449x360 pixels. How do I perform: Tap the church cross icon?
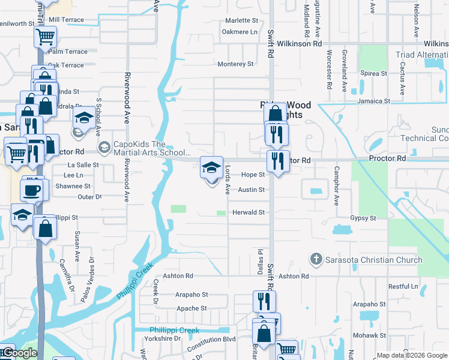pyautogui.click(x=316, y=259)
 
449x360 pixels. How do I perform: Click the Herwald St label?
pyautogui.click(x=249, y=212)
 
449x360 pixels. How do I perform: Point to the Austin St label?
pyautogui.click(x=251, y=190)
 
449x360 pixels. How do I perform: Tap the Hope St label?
pyautogui.click(x=253, y=175)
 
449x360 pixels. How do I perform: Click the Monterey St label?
pyautogui.click(x=236, y=64)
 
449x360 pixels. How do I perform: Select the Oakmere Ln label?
pyautogui.click(x=240, y=32)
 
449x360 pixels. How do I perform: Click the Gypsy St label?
pyautogui.click(x=363, y=218)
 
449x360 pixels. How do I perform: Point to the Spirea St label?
pyautogui.click(x=374, y=73)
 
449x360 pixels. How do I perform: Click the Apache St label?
pyautogui.click(x=191, y=308)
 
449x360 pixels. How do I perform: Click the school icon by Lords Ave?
pyautogui.click(x=211, y=167)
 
